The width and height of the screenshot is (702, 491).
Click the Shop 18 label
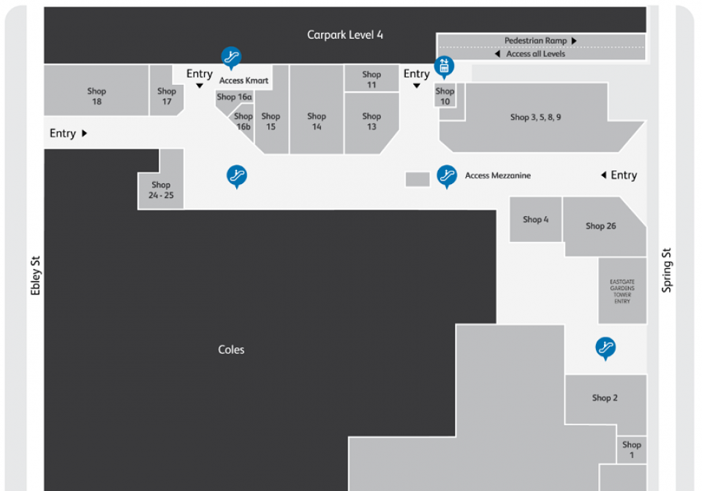(x=97, y=96)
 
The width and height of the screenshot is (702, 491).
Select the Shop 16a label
(x=234, y=96)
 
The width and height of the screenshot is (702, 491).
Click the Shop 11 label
(x=371, y=80)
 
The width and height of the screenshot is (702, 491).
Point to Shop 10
(x=445, y=96)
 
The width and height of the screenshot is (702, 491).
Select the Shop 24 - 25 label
(x=161, y=190)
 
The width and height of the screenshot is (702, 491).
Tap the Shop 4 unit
(x=535, y=220)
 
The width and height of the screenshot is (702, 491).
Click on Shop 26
(x=601, y=227)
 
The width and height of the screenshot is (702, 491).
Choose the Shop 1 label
(x=632, y=450)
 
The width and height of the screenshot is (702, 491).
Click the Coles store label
(x=231, y=350)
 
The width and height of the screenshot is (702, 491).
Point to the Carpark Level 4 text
(x=344, y=35)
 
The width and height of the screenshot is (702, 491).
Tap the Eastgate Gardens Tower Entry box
(x=622, y=292)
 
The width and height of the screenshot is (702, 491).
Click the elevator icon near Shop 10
(x=444, y=66)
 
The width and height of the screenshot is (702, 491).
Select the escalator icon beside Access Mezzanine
(x=447, y=176)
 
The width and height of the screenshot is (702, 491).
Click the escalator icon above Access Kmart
(x=232, y=57)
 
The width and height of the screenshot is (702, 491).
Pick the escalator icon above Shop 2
(x=605, y=348)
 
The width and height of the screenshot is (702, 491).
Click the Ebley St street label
(x=35, y=275)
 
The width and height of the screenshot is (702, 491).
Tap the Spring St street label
(x=667, y=270)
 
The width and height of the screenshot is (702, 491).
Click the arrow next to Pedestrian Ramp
(x=574, y=41)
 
